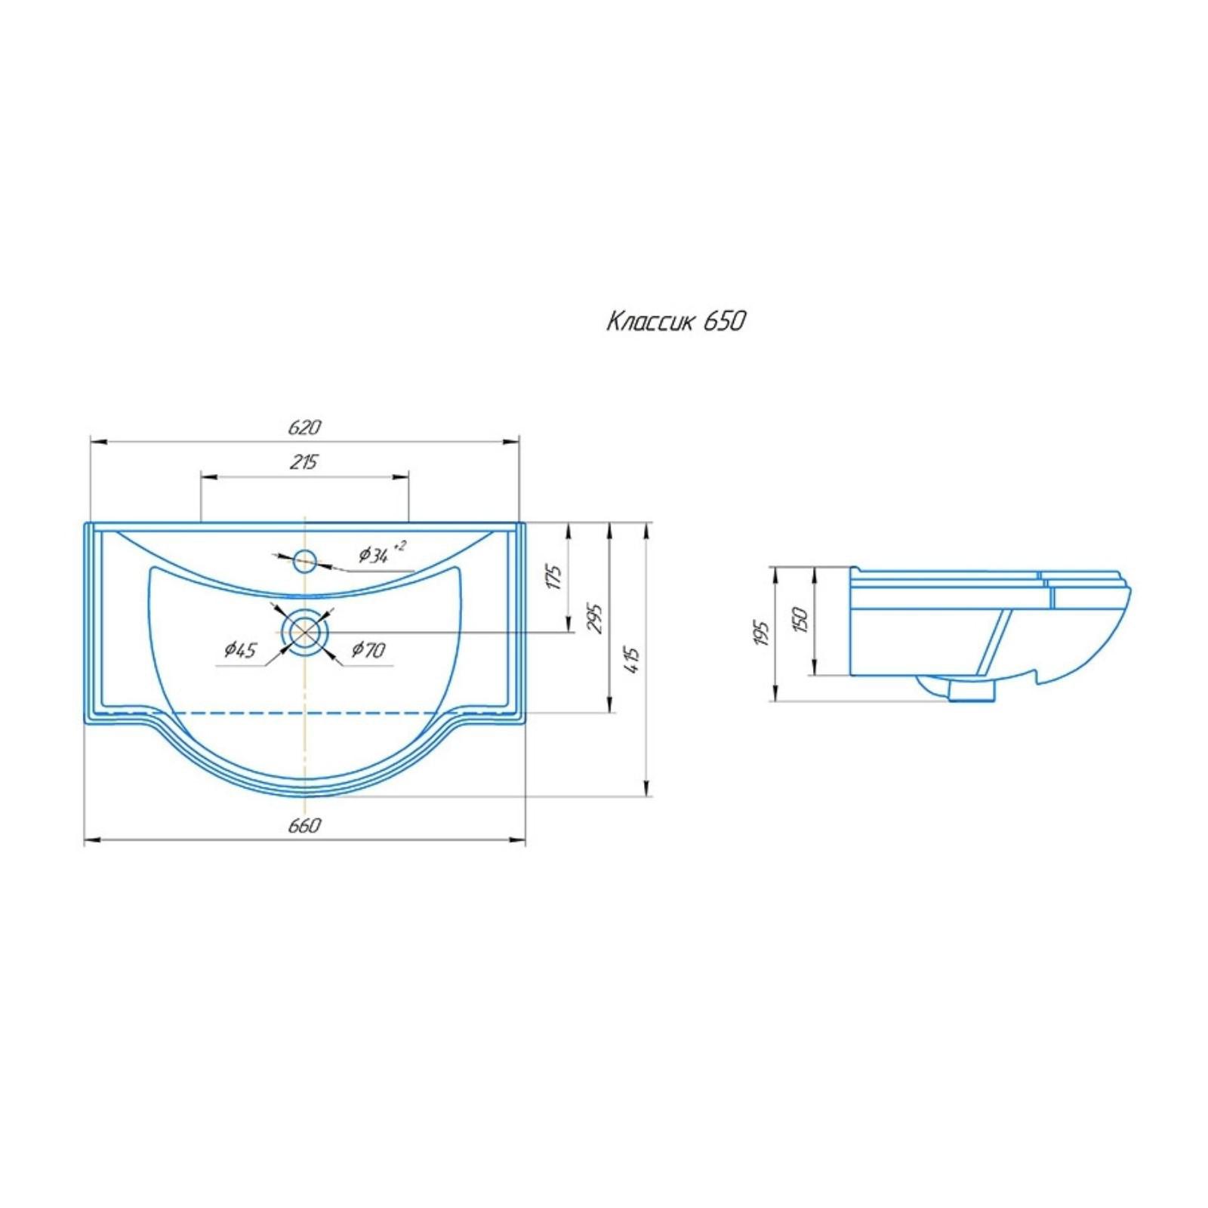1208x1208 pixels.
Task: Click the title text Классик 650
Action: pos(676,321)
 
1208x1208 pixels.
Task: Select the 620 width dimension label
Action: pos(304,427)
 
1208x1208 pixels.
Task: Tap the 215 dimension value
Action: pos(304,462)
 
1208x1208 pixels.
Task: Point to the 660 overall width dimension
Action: pos(304,825)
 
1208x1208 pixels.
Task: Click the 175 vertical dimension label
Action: pos(553,576)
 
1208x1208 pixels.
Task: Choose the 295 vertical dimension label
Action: pos(595,618)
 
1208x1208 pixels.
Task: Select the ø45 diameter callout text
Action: pos(241,649)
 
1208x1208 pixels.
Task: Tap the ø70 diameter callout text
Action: pos(368,649)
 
